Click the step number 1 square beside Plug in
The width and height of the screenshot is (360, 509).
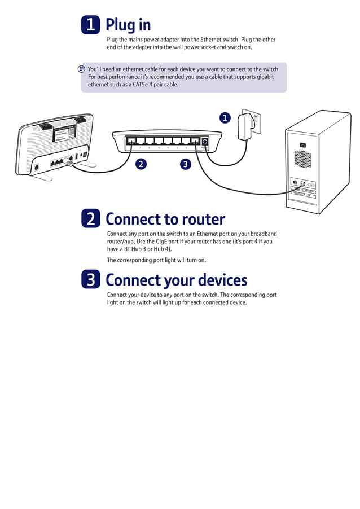90,25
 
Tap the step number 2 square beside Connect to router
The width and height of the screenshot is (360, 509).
90,219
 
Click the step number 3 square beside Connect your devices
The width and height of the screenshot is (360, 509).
90,280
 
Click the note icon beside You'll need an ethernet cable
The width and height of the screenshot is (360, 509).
82,69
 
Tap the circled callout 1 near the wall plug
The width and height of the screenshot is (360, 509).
225,118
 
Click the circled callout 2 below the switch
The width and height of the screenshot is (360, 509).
141,164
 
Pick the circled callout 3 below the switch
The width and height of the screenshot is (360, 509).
185,164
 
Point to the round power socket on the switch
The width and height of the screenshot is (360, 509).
204,142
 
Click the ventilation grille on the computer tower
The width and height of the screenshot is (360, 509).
302,159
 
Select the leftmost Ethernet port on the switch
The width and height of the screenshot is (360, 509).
130,142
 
